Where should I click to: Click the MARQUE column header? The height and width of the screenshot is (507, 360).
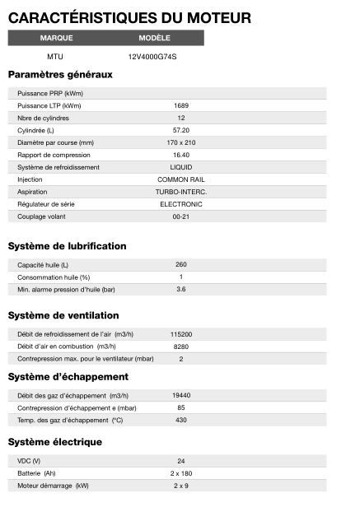(x=56, y=38)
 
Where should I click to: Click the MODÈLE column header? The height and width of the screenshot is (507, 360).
(x=154, y=38)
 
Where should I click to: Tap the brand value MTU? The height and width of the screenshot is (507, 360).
(x=56, y=57)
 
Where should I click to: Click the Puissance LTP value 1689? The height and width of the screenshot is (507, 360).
(x=181, y=105)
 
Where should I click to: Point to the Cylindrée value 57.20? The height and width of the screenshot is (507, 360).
(x=181, y=130)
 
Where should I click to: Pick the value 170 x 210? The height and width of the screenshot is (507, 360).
(x=181, y=142)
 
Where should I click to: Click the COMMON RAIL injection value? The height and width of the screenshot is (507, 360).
(x=181, y=179)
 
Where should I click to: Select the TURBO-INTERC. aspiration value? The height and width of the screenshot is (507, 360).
(x=181, y=192)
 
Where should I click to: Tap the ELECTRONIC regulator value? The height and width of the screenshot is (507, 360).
(x=181, y=204)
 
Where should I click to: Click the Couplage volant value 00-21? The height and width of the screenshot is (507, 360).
(x=181, y=216)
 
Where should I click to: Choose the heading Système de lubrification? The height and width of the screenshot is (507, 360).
(x=67, y=246)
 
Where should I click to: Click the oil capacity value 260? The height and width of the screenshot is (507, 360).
(x=181, y=264)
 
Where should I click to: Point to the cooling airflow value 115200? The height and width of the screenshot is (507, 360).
(x=181, y=334)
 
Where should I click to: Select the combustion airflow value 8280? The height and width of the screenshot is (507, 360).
(x=181, y=347)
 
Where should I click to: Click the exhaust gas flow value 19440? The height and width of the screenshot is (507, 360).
(x=181, y=395)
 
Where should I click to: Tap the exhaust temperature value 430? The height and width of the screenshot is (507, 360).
(x=181, y=420)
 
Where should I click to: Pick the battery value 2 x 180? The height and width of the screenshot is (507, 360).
(x=181, y=473)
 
